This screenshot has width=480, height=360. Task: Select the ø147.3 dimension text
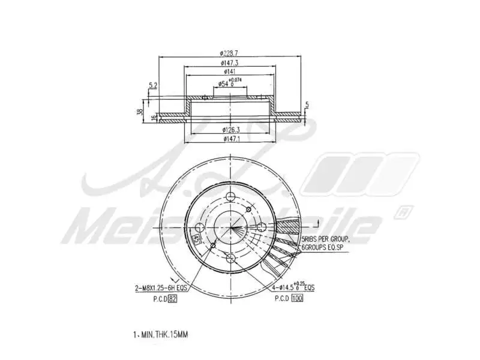(x=230, y=63)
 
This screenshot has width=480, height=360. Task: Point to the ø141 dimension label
(x=230, y=72)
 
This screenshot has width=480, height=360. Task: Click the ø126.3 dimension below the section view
(x=231, y=129)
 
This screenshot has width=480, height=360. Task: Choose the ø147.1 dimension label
(x=231, y=139)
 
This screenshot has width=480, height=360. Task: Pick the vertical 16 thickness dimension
(x=154, y=116)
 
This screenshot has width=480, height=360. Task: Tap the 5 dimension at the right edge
(x=307, y=106)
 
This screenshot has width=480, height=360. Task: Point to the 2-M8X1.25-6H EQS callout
(x=161, y=288)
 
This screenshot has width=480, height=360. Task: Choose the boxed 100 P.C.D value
(x=297, y=298)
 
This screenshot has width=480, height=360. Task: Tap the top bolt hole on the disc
(x=232, y=197)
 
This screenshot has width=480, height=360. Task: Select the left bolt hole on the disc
(x=200, y=227)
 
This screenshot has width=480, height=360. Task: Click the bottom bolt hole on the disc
(x=232, y=258)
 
